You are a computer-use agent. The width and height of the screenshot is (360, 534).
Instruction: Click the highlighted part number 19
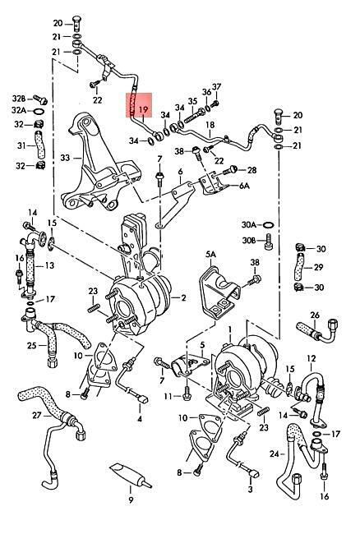point(144,109)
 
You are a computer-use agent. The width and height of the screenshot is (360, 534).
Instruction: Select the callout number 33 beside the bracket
point(66,158)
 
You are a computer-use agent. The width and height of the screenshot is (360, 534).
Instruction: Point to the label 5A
point(211,254)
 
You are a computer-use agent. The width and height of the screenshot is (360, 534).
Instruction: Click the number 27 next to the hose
point(38,415)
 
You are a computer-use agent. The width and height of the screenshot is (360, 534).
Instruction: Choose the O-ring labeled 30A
point(269,225)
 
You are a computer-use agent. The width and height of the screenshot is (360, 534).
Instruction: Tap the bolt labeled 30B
point(269,241)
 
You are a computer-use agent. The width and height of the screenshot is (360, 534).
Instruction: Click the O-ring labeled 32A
point(39,111)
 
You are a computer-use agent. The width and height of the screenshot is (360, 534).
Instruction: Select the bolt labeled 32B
point(40,99)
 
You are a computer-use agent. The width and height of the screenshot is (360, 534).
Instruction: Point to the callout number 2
point(183,298)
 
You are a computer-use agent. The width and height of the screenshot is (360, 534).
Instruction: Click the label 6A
point(244,186)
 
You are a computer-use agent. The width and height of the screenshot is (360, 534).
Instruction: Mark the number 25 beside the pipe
point(33,346)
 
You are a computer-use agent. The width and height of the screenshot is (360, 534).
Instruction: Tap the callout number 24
point(275,453)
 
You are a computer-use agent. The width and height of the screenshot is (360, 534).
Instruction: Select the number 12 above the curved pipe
point(312,358)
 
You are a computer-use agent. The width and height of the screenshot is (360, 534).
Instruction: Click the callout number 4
point(139,419)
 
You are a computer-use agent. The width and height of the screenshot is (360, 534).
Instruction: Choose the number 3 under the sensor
point(251,490)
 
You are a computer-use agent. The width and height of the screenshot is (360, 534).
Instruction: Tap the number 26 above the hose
point(315,315)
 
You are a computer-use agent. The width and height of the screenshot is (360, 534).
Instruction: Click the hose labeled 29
point(299,268)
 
